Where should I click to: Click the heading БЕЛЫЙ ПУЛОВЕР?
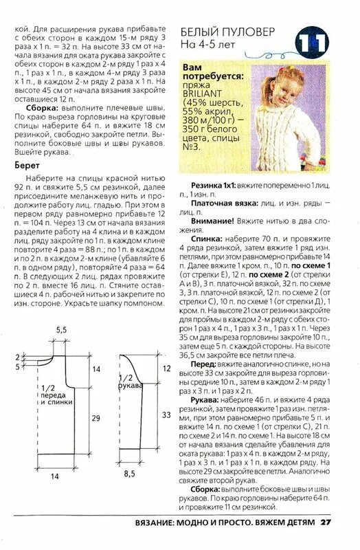point(227,32)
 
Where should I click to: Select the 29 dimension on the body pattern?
point(97,418)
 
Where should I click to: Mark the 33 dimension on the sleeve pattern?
point(166,415)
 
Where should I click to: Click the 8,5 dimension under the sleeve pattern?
point(129,474)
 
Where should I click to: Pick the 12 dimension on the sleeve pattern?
point(166,369)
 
